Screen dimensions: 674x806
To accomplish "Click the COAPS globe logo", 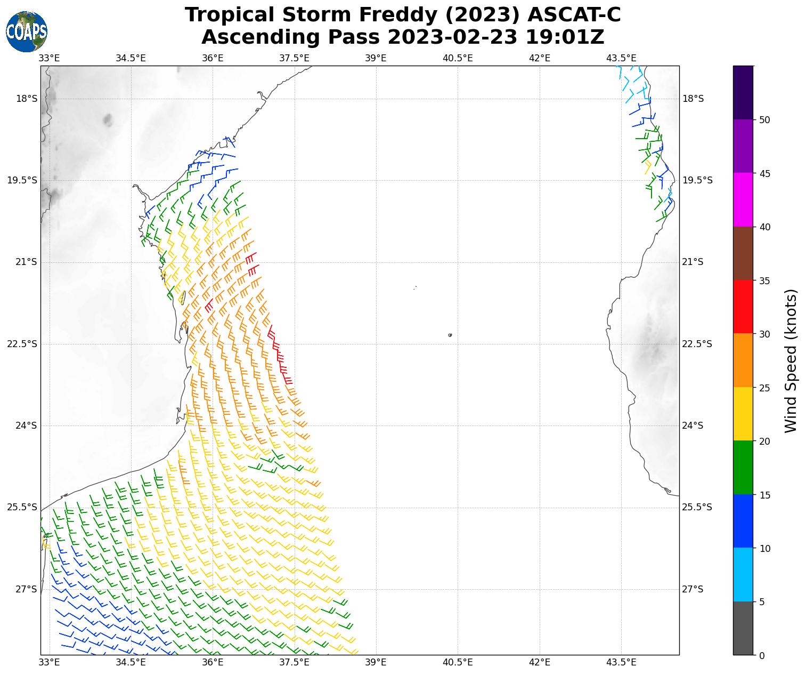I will [x=27, y=31].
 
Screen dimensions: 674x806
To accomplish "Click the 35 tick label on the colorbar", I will [x=764, y=280].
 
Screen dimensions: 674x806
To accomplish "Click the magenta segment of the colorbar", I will [x=743, y=199].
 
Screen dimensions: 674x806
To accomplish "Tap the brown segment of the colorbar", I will [x=743, y=253].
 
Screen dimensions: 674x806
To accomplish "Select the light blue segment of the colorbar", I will [x=743, y=574].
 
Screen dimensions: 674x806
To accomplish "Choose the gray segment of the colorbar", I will [x=743, y=628].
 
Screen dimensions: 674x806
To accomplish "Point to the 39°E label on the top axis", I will [x=376, y=58].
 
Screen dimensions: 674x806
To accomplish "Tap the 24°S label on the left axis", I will [x=22, y=426].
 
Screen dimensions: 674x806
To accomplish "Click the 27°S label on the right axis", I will [x=693, y=589].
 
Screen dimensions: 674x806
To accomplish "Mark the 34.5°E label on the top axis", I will [x=131, y=58].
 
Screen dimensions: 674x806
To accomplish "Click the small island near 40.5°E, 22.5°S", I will [x=450, y=335].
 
